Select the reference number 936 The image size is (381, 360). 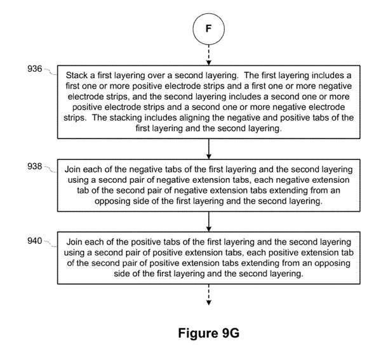(x=34, y=69)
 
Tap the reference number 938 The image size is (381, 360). (x=34, y=166)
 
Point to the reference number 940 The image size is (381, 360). (x=34, y=241)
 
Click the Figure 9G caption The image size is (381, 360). (x=209, y=333)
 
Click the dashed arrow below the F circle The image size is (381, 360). (x=208, y=55)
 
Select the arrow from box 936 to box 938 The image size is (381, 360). (x=208, y=149)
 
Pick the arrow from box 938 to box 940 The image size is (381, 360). (x=208, y=222)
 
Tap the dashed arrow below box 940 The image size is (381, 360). (x=208, y=295)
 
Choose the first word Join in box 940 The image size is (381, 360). (x=75, y=242)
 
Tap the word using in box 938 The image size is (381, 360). (x=77, y=180)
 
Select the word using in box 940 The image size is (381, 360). (x=72, y=253)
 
